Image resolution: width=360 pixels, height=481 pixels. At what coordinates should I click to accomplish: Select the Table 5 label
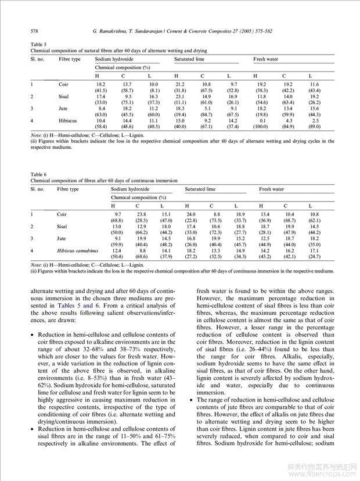point(38,45)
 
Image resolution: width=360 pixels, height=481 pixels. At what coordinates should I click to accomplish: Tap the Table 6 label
point(38,175)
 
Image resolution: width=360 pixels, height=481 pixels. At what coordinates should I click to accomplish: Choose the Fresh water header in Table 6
point(271,189)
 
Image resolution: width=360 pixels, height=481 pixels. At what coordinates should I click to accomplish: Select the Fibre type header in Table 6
point(68,189)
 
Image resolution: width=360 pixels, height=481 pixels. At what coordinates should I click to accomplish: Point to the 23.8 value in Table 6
point(137,214)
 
